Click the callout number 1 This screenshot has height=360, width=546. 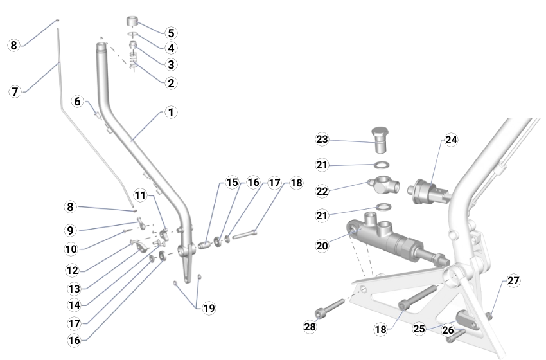tap(170, 113)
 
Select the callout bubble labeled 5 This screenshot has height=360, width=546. tap(170, 33)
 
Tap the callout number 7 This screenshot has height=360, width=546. tap(15, 91)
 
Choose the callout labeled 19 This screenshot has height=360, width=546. tap(209, 309)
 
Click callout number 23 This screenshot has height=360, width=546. tap(322, 139)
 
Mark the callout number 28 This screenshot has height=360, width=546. tap(310, 327)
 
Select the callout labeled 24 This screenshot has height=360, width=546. tap(451, 139)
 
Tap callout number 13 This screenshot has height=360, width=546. tap(75, 287)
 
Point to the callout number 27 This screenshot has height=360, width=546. tap(513, 280)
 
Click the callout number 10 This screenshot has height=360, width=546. tap(71, 249)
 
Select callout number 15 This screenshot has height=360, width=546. tap(232, 183)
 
